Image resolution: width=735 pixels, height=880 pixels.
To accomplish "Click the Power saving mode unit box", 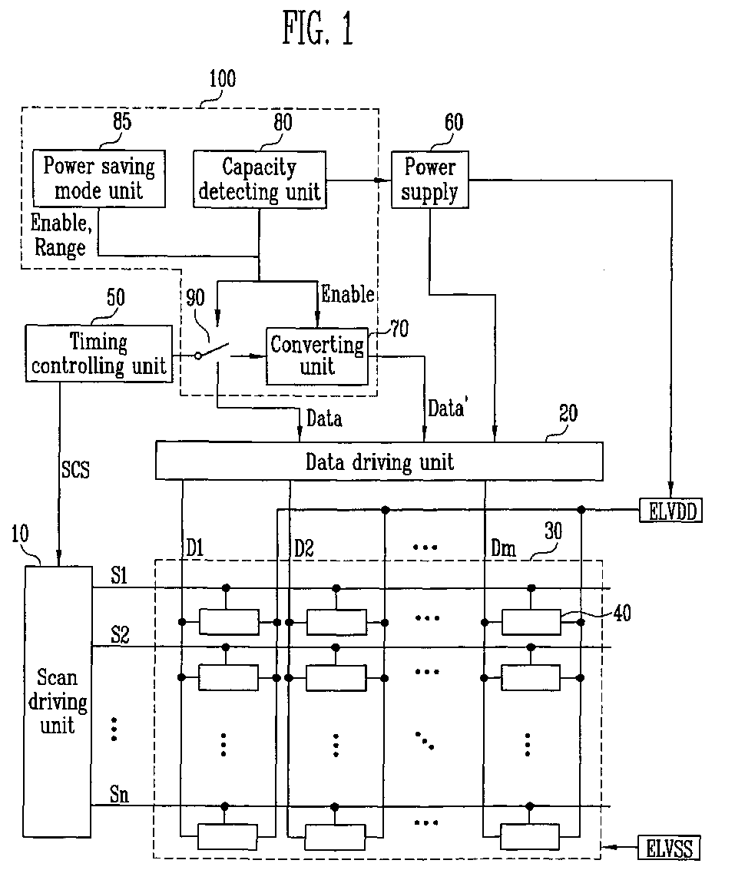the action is (x=99, y=178).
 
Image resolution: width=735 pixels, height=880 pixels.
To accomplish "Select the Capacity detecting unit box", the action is (x=260, y=180).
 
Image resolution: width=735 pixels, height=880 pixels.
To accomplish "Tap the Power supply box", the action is (x=429, y=180).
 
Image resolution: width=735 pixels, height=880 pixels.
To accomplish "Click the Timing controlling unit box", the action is (x=99, y=353).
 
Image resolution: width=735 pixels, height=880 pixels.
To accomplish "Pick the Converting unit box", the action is (x=316, y=356).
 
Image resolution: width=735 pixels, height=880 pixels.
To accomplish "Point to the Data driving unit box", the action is (x=379, y=462).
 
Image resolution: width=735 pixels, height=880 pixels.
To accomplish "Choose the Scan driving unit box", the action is (x=58, y=702).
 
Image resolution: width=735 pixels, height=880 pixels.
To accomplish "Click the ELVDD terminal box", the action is (x=671, y=511).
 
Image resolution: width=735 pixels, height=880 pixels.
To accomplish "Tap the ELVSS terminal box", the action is (x=669, y=848).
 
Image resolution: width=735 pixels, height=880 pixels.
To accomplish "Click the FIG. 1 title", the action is (x=318, y=28).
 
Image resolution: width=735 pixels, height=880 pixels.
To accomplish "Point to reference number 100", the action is (x=223, y=78).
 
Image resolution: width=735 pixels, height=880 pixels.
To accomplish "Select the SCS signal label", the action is (x=75, y=469).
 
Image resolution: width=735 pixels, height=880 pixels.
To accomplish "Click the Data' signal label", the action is (x=446, y=408).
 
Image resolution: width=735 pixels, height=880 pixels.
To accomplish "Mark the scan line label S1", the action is (x=119, y=575).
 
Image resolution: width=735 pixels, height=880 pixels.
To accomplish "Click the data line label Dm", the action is (x=503, y=548).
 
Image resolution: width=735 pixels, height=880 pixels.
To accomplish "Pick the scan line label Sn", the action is (x=119, y=794).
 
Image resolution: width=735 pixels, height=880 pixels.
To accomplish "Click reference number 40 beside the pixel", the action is (x=622, y=613).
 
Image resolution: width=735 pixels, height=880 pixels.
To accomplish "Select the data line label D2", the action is (x=304, y=548).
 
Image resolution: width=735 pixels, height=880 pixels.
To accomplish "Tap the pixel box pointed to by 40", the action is (x=531, y=622).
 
